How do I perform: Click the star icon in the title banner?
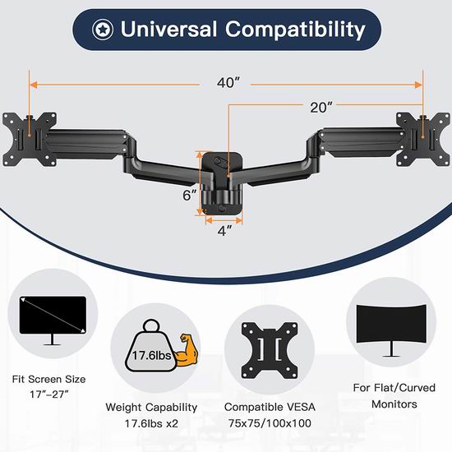click(x=103, y=30)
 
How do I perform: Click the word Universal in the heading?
click(x=168, y=29)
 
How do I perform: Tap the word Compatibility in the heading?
click(x=296, y=30)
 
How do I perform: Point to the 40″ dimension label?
click(x=228, y=83)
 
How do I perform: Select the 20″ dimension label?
click(x=321, y=108)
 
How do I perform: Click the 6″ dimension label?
click(x=190, y=195)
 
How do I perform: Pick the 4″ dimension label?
click(x=224, y=231)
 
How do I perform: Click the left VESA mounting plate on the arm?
click(x=29, y=140)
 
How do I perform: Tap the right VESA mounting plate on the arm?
click(x=423, y=140)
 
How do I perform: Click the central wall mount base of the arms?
click(x=222, y=183)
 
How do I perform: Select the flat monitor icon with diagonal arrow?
click(x=53, y=321)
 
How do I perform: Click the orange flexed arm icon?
click(x=187, y=349)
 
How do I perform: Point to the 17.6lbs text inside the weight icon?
click(x=152, y=355)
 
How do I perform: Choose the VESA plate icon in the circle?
click(x=270, y=351)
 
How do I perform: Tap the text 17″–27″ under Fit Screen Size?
click(x=49, y=394)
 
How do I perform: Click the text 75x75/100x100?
click(x=270, y=423)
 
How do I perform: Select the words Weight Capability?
click(x=151, y=408)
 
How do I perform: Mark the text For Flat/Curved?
click(x=394, y=388)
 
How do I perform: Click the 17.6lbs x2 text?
click(x=151, y=423)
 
